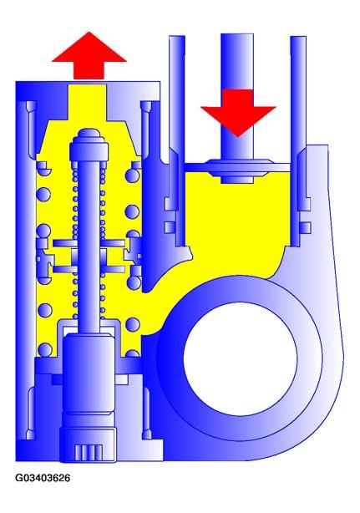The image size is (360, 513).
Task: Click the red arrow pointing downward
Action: click(x=238, y=113)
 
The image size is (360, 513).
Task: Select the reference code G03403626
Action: click(x=43, y=478)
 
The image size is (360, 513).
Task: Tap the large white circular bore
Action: click(x=241, y=358)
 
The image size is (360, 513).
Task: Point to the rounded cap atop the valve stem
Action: click(x=89, y=137)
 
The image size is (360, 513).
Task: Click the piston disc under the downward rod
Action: click(x=238, y=167)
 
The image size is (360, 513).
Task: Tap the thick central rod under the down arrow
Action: click(x=237, y=98)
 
